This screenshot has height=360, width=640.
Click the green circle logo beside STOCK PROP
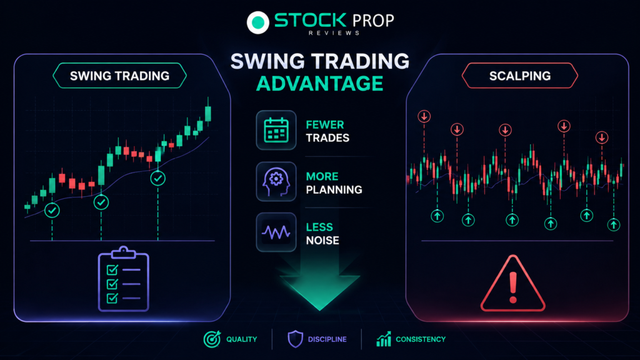tap(258, 22)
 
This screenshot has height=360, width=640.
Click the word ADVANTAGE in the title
tap(319, 84)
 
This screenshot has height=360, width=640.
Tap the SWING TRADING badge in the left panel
tap(119, 76)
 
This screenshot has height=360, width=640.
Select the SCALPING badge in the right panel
tap(519, 76)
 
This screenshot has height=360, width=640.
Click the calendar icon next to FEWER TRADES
tap(276, 130)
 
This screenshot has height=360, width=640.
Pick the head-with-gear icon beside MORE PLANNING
tap(276, 182)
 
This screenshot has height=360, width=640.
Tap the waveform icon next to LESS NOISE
tap(276, 232)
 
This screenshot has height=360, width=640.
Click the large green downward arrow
tap(319, 286)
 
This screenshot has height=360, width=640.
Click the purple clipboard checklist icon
tap(123, 279)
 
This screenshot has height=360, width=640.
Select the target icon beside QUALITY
tap(212, 339)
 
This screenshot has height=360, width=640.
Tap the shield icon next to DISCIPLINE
tap(295, 339)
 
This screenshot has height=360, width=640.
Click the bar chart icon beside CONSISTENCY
tap(384, 339)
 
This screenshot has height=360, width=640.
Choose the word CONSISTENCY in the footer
tap(421, 339)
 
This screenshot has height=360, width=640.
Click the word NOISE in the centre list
tap(322, 241)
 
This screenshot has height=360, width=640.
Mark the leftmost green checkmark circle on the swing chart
tap(52, 210)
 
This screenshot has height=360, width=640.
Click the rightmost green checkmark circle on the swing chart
tap(158, 178)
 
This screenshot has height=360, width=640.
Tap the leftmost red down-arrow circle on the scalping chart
tap(424, 116)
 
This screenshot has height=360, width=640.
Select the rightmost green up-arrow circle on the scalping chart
tap(614, 224)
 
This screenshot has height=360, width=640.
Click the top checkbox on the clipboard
tap(112, 270)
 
